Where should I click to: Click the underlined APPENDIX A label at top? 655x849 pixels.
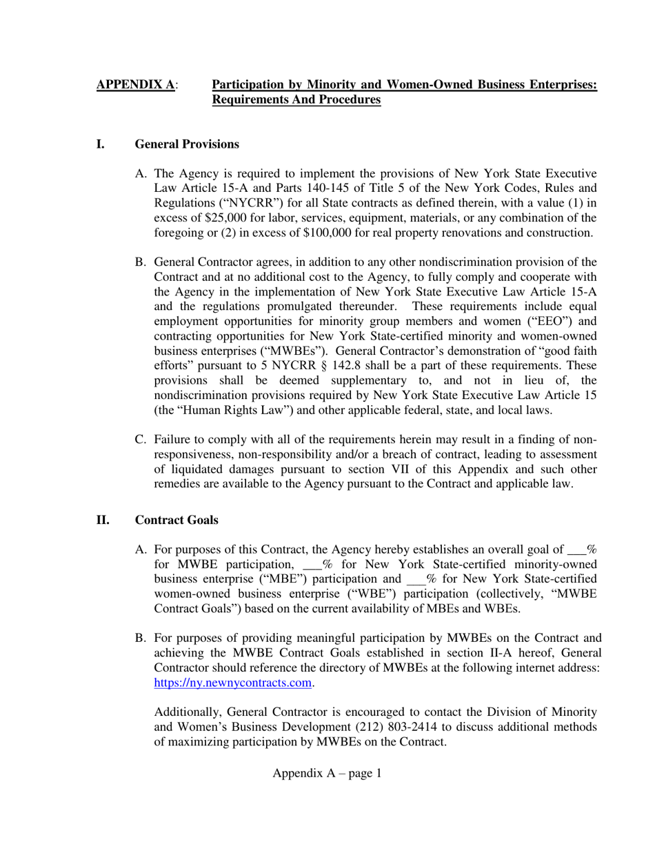coord(135,85)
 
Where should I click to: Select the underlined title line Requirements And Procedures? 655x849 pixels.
coord(296,100)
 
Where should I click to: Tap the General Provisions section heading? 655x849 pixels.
coord(187,144)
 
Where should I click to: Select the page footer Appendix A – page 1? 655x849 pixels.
coord(327,773)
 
